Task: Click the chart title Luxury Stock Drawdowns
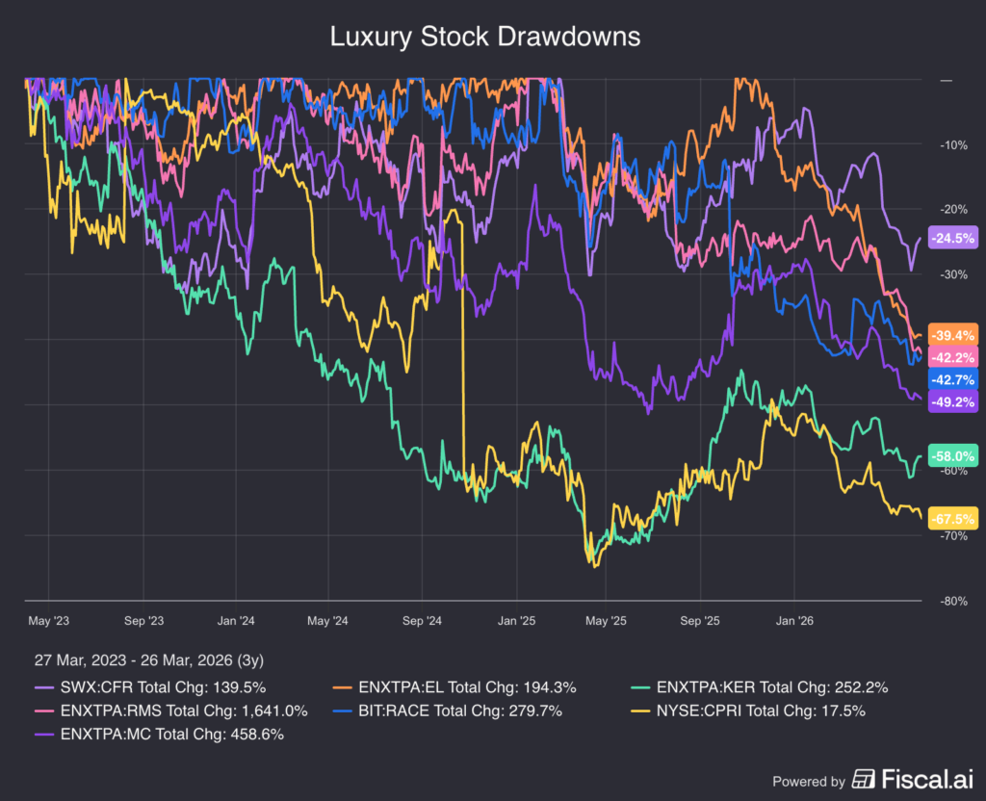pyautogui.click(x=484, y=37)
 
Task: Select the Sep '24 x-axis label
pyautogui.click(x=420, y=621)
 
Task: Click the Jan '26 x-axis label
pyautogui.click(x=793, y=621)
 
